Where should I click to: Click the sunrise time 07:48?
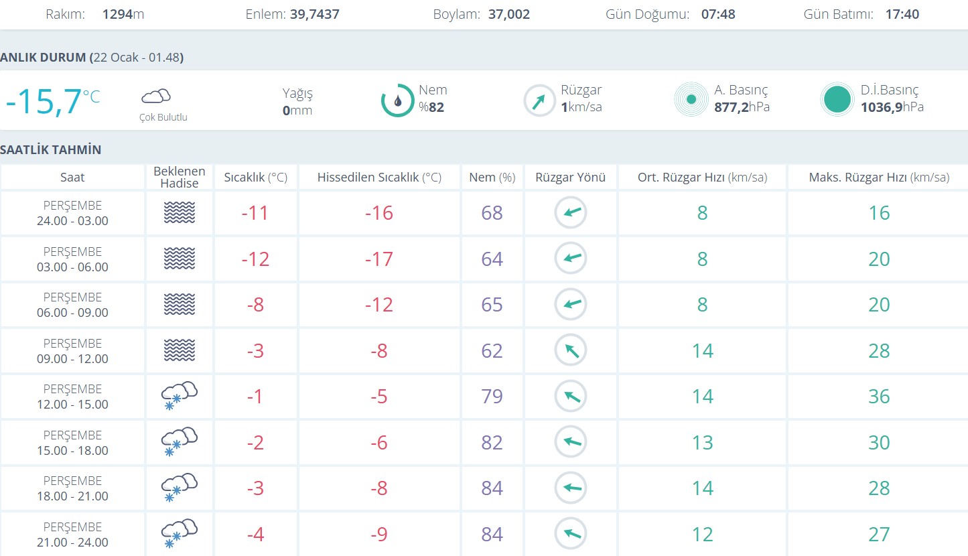(718, 14)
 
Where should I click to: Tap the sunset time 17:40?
(902, 14)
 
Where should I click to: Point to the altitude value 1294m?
(123, 14)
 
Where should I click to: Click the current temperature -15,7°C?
(52, 101)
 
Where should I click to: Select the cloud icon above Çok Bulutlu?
(156, 96)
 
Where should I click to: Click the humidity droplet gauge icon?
(397, 100)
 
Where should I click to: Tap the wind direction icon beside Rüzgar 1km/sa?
(539, 100)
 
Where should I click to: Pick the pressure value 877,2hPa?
(742, 107)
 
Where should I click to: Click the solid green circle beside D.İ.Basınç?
(837, 100)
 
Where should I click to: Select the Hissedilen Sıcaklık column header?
(379, 178)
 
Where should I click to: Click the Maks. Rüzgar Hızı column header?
(879, 178)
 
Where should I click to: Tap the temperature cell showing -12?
(255, 259)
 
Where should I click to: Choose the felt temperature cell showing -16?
(379, 213)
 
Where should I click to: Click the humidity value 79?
(492, 397)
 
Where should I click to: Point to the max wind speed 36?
(879, 397)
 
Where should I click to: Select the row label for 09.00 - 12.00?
(72, 351)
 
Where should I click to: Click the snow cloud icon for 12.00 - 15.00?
(179, 396)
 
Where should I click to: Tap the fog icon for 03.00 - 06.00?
(179, 259)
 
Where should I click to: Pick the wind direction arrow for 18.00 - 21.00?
(571, 488)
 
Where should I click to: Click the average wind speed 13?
(702, 443)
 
